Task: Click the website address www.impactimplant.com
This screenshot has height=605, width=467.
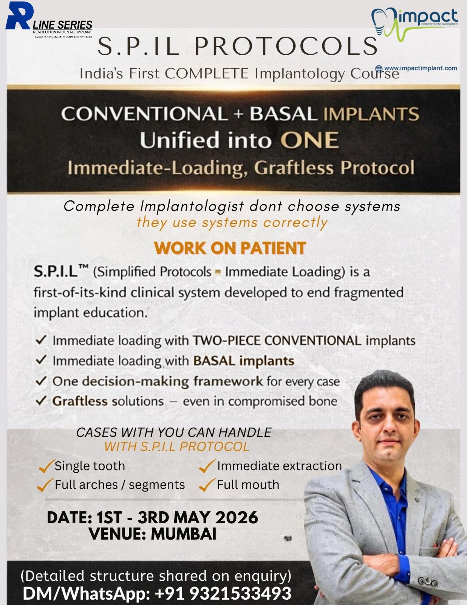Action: (420, 68)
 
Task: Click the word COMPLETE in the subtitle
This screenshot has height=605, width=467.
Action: (207, 74)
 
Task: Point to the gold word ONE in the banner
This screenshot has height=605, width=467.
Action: (309, 140)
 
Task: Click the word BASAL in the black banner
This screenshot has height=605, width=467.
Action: (283, 114)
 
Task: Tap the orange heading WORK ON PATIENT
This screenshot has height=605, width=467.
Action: (230, 248)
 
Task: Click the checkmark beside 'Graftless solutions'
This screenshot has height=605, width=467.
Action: (41, 400)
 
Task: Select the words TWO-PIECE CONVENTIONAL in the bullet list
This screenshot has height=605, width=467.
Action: (277, 341)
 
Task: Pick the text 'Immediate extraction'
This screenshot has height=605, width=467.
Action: (279, 466)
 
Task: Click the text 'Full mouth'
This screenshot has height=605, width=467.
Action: (248, 485)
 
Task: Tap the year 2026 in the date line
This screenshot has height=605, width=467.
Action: (237, 518)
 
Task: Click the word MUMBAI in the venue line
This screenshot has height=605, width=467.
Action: (184, 534)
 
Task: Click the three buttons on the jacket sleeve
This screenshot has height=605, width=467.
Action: (428, 581)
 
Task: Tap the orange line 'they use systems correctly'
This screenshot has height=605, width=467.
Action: (232, 223)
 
